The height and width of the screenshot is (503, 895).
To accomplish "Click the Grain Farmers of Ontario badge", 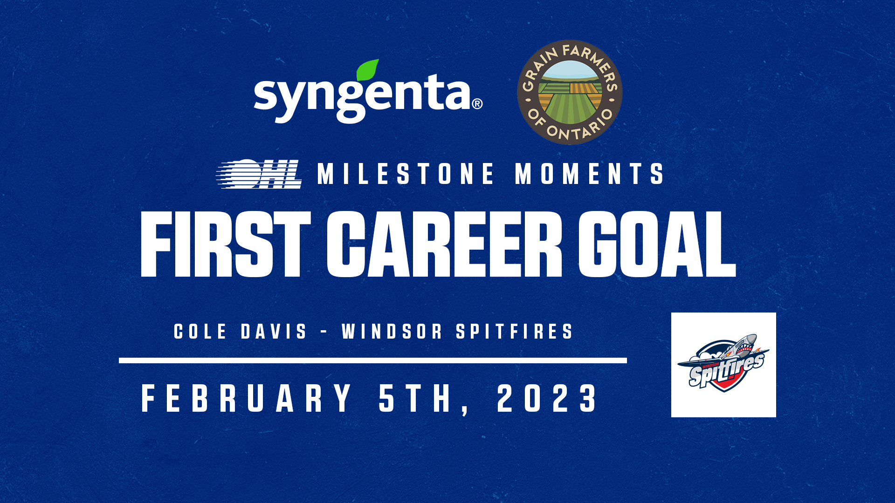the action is click(570, 92).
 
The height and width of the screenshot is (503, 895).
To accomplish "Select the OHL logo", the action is click(259, 174).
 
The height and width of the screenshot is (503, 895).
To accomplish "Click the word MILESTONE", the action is click(406, 174).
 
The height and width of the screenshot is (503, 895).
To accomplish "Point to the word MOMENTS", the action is click(589, 174).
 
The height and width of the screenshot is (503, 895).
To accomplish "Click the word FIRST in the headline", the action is click(226, 245).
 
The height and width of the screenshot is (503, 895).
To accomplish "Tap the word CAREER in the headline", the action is click(444, 245).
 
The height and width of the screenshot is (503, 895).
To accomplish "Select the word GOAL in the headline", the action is click(657, 245).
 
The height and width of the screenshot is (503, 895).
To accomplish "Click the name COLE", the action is click(200, 332).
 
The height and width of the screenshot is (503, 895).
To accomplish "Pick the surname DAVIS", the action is click(274, 332).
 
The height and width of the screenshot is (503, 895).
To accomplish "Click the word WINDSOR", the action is click(392, 332).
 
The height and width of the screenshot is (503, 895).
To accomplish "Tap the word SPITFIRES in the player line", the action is click(514, 332).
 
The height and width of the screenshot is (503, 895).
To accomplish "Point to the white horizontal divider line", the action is click(373, 360).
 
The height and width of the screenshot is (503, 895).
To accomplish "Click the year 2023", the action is click(547, 399).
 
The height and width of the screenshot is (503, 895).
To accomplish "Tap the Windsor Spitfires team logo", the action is click(723, 365).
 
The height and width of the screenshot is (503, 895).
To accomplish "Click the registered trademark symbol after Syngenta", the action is click(477, 103).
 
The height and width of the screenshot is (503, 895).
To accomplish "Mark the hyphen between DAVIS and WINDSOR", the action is click(324, 333).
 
